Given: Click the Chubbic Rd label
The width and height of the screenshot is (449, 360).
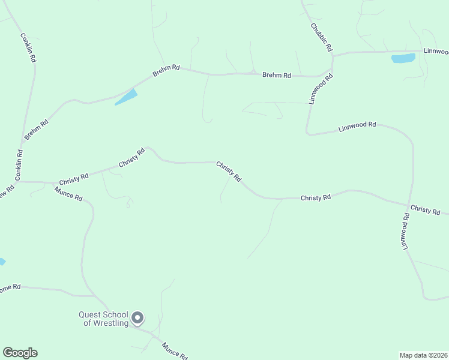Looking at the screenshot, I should [x=322, y=37].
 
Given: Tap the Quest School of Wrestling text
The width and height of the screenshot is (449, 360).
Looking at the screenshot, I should [x=104, y=319].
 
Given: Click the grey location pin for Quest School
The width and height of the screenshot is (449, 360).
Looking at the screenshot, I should [x=137, y=317].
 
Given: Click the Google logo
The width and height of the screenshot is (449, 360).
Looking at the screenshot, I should [x=20, y=353].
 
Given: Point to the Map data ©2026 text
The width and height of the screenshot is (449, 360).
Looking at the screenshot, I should [x=423, y=355].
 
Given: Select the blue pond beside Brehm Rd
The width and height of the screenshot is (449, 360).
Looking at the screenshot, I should [x=126, y=97].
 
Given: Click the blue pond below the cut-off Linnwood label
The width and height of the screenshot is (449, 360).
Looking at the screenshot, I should [x=403, y=58].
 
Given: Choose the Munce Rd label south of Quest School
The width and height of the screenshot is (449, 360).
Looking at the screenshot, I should [x=175, y=349].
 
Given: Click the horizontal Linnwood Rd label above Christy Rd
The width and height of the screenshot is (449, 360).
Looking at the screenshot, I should [x=357, y=127].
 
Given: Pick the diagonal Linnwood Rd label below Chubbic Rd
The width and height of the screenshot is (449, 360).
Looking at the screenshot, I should [x=321, y=89].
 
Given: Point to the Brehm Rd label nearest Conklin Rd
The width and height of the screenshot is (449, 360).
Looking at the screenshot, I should [x=37, y=130].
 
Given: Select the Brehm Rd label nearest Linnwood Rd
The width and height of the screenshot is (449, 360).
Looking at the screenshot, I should [x=277, y=76].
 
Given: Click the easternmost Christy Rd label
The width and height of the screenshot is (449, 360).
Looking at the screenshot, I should [x=425, y=210].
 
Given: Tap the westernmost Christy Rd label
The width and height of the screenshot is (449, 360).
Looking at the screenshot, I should [x=74, y=178].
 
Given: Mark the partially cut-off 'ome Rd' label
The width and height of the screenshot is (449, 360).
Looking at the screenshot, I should [x=10, y=287].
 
